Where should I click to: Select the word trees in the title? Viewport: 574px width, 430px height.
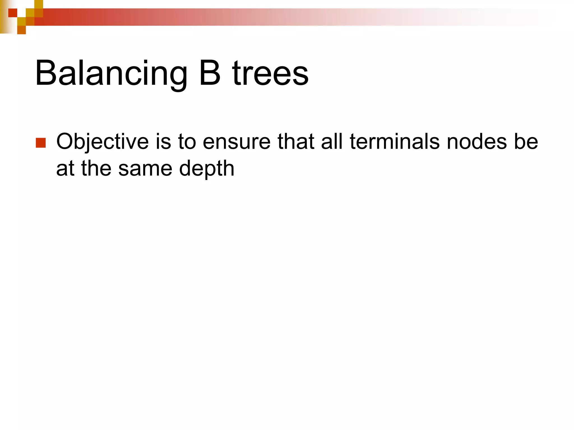(270, 73)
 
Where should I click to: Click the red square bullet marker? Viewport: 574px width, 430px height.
(41, 143)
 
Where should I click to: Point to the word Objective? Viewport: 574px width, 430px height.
(102, 141)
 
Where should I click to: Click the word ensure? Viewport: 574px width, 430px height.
(237, 141)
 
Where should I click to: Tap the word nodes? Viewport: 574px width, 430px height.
(476, 141)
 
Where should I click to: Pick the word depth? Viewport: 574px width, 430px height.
(207, 169)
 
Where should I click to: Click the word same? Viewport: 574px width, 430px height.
(145, 169)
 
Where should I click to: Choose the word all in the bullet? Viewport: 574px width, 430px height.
(332, 141)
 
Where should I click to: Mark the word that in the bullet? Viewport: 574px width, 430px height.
(296, 141)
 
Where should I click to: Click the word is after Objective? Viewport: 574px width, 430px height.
(163, 141)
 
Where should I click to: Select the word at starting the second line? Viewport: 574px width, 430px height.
(65, 169)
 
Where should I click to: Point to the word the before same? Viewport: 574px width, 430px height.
(96, 169)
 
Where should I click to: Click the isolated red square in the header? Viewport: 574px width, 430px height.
(13, 13)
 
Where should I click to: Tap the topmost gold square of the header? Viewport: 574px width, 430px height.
(39, 4)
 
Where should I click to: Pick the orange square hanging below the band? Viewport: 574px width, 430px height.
(22, 30)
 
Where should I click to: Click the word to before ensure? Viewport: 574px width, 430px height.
(187, 141)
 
